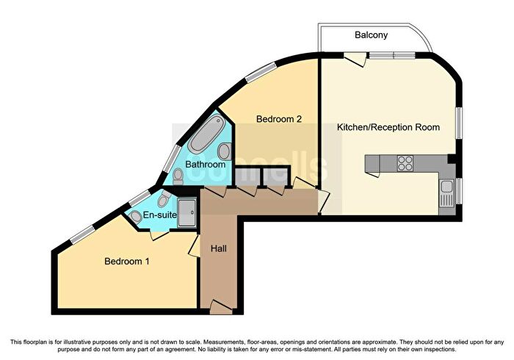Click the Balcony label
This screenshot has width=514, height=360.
point(371,35)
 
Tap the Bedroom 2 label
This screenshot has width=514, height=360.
point(278,119)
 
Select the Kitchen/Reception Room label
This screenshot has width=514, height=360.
point(388,127)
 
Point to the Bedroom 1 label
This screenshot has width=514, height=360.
point(127,262)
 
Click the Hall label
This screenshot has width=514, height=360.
point(219,248)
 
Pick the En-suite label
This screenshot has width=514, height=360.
point(160,215)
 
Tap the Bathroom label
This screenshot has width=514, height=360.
point(206,164)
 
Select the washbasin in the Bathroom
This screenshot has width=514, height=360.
point(225,151)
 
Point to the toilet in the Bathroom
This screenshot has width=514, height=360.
point(178,176)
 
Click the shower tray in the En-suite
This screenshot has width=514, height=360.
point(187,213)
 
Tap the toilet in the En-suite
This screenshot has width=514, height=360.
point(164,198)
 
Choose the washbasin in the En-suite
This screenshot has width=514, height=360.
point(135,217)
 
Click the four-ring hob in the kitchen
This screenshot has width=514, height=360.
point(405,163)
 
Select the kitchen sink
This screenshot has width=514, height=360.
point(446,193)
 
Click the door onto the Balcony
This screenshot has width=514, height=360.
point(355,60)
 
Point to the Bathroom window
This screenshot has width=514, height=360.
point(172,159)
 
